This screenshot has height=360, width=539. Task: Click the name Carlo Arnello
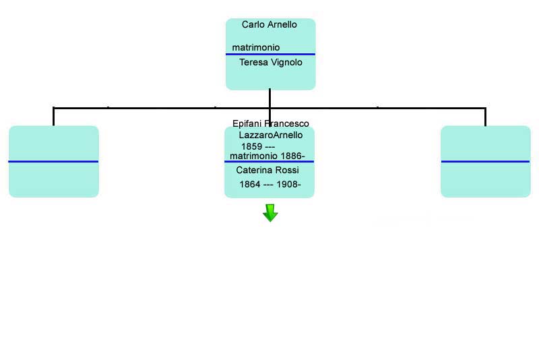point(269,24)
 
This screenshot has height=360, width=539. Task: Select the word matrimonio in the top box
point(256,47)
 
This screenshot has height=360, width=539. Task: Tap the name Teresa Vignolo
point(271,62)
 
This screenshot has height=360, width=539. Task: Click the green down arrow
point(270,213)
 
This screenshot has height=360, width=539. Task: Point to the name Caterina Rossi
point(267,170)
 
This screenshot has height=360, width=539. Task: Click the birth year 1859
point(251,146)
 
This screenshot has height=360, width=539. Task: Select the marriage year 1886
point(292,156)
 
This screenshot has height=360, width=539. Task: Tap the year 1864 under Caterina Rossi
point(250,184)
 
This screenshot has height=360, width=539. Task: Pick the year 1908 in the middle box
point(288,184)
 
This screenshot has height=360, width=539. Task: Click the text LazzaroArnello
point(271,135)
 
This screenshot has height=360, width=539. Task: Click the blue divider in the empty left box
point(53,161)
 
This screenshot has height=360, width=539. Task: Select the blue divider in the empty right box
point(485,161)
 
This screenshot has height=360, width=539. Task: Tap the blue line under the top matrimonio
point(270,54)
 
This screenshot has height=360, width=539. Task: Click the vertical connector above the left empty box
point(53,117)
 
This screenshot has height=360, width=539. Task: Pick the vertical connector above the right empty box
point(485,117)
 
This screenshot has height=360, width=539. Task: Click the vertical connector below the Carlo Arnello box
point(270,106)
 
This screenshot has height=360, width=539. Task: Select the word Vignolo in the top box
point(287,62)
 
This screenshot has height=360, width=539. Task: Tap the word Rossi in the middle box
point(288,170)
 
